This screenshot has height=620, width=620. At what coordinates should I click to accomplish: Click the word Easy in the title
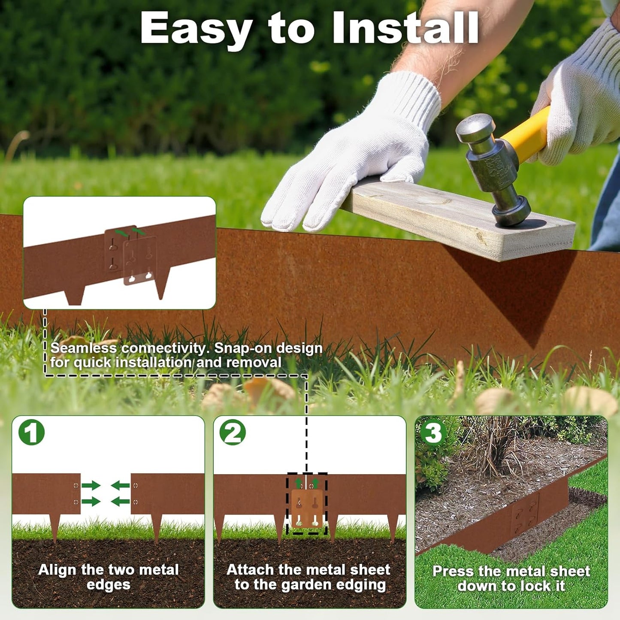(195, 28)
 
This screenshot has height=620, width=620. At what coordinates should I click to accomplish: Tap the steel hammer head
(493, 167)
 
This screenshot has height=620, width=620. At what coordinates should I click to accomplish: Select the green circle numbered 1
(31, 432)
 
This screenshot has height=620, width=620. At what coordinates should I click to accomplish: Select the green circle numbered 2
(233, 432)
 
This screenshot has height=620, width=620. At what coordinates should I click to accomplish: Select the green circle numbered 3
(433, 432)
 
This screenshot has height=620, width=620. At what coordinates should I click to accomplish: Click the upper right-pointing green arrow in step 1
(91, 486)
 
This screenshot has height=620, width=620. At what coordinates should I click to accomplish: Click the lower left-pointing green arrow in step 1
(121, 501)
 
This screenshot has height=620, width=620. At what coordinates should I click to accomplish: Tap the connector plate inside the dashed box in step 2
(307, 508)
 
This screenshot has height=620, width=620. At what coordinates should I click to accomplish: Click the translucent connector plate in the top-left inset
(140, 262)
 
